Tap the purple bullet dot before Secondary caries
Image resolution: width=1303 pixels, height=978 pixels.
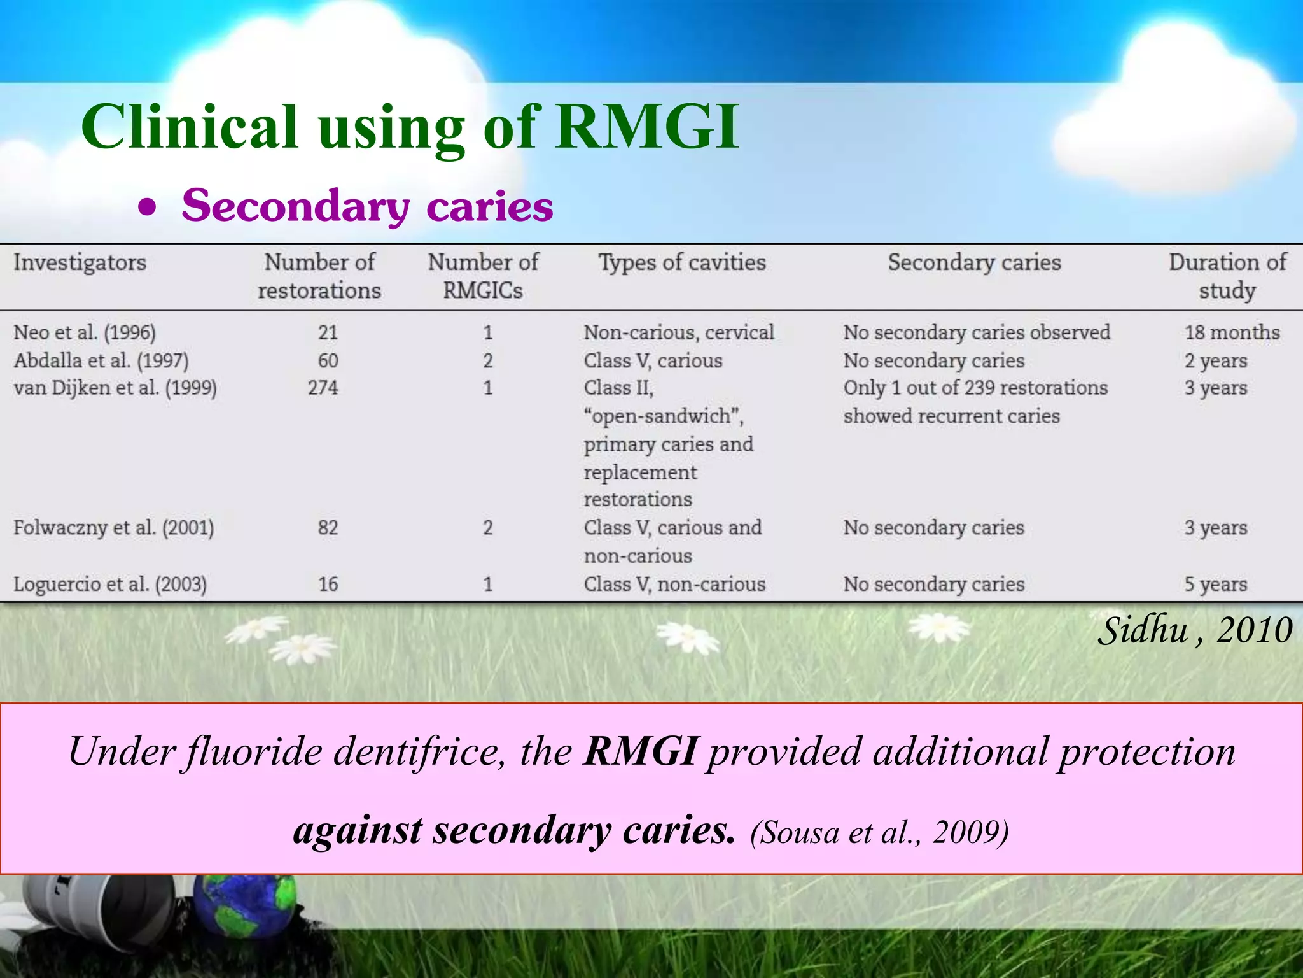tap(148, 207)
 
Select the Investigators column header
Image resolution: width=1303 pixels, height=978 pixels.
tap(80, 262)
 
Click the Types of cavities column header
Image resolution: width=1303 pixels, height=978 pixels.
tap(682, 262)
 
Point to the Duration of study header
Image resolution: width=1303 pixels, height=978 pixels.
tap(1227, 276)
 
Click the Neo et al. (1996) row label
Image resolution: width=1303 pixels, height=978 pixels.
tap(85, 332)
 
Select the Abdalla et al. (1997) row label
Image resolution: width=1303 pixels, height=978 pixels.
tap(101, 361)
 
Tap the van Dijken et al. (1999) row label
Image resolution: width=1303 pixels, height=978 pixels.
tap(115, 388)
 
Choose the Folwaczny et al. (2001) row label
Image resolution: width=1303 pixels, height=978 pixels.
tap(114, 528)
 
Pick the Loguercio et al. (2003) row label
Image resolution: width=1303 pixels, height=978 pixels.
tap(110, 584)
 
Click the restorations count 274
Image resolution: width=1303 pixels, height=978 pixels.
tap(323, 388)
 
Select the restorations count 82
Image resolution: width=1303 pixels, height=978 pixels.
tap(328, 528)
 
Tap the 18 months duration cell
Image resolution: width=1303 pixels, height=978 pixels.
tap(1232, 332)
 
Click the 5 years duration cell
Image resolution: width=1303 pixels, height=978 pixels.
tap(1215, 584)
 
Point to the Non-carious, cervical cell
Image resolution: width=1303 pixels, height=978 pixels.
tap(679, 332)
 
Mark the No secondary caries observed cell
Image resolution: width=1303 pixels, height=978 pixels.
tap(977, 332)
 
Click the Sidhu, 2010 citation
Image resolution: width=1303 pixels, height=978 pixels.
tap(1195, 630)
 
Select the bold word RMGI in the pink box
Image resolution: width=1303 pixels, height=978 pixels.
tap(640, 751)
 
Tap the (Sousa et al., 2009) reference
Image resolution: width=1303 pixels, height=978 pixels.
tap(879, 832)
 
